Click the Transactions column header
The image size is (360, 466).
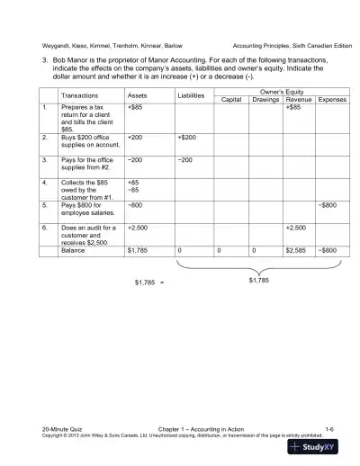(80, 95)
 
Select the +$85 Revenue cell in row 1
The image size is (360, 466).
(293, 108)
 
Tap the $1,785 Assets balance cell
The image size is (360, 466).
(139, 250)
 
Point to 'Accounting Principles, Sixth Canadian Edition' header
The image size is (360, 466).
(292, 46)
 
